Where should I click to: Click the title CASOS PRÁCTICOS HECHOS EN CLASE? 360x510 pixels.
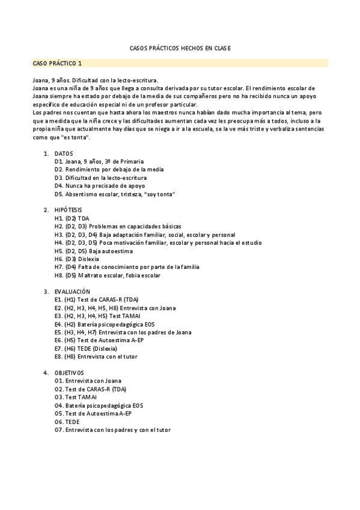[x=180, y=48]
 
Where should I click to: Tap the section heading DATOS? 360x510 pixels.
[x=64, y=154]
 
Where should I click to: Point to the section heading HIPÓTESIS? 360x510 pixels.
[x=68, y=210]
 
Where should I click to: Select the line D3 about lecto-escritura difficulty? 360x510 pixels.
[x=100, y=178]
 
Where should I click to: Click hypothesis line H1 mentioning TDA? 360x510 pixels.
[x=72, y=218]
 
